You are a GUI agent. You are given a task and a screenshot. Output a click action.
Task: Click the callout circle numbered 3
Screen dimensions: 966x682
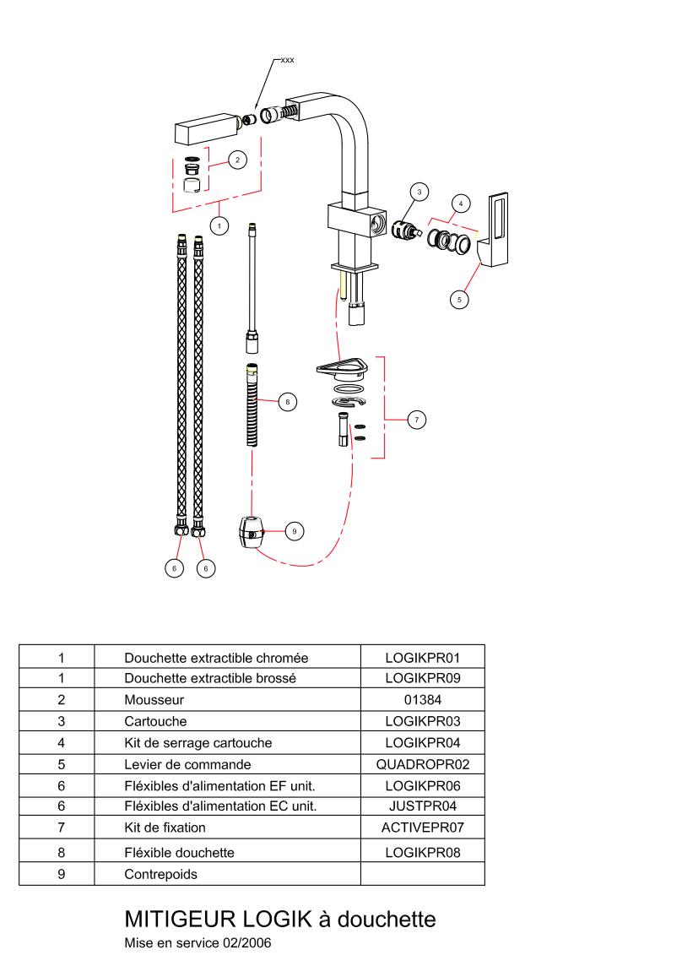(419, 193)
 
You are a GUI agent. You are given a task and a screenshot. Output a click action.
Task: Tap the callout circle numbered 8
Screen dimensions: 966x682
(287, 402)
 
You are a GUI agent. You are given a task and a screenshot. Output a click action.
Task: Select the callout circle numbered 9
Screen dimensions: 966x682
(294, 531)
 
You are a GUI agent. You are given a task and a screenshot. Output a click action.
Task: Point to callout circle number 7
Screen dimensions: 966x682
(416, 419)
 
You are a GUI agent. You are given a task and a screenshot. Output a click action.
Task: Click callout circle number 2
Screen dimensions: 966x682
(237, 159)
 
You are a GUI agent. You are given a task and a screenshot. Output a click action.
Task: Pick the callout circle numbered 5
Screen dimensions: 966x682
(459, 298)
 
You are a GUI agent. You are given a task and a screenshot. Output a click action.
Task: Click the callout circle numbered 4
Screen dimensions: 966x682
(460, 204)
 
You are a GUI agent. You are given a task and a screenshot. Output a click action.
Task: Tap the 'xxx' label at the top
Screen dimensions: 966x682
(287, 61)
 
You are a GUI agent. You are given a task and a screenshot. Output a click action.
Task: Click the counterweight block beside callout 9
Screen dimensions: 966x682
(250, 533)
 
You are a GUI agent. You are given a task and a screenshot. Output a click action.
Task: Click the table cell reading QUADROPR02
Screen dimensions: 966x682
(423, 765)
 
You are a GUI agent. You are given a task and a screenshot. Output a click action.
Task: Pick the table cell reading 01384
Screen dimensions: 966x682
(423, 700)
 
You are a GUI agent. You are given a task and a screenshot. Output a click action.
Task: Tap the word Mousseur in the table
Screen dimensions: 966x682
(154, 700)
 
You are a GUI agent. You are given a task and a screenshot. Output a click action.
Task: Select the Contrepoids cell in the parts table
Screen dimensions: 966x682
(160, 874)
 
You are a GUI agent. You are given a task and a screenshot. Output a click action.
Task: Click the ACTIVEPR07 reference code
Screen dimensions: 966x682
(423, 828)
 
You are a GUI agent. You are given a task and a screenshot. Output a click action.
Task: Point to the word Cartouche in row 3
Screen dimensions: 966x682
(155, 722)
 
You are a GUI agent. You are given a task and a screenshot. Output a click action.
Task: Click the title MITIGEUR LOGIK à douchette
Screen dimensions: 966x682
(280, 919)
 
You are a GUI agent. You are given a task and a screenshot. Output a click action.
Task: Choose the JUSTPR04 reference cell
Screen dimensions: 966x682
(423, 806)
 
